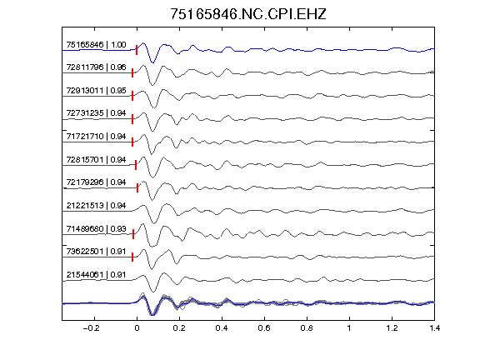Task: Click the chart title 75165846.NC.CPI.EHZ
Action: click(248, 14)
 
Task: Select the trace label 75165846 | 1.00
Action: click(96, 45)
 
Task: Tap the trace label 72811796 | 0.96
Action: click(96, 67)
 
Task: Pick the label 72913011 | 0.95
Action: click(96, 91)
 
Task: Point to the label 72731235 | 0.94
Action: click(96, 113)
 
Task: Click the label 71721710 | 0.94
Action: click(96, 137)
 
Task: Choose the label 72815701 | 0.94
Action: click(96, 160)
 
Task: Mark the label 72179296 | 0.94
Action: click(96, 182)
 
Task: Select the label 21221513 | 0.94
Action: click(96, 206)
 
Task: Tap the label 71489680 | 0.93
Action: click(96, 229)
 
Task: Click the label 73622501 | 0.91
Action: click(96, 252)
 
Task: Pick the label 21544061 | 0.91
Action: click(96, 275)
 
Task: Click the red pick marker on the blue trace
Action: click(137, 50)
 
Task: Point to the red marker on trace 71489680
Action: click(133, 234)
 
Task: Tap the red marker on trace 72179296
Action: click(137, 187)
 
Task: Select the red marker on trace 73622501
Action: click(132, 257)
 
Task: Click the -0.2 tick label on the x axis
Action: click(91, 328)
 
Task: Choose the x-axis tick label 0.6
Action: click(264, 328)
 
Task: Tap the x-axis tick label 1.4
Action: click(434, 328)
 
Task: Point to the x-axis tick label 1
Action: click(349, 328)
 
